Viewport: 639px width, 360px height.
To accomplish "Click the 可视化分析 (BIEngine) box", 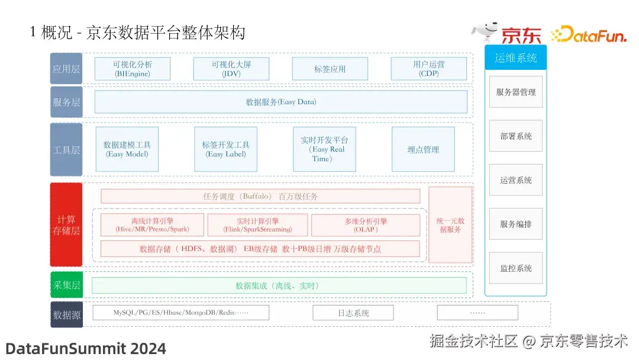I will [x=133, y=69].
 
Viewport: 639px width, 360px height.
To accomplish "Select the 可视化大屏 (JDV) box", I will [x=231, y=69].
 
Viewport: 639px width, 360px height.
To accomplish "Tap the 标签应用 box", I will [x=330, y=69].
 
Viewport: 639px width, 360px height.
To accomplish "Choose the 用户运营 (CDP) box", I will [x=428, y=69].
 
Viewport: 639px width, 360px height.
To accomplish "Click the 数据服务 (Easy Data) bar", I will [x=280, y=102].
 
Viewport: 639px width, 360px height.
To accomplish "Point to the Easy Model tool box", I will [x=127, y=149].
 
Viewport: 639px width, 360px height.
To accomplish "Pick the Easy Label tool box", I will [x=225, y=149].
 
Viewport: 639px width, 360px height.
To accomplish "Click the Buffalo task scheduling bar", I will [x=260, y=196].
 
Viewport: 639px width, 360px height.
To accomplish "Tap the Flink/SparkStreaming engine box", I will [x=257, y=225].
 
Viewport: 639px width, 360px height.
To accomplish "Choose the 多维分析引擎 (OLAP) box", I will [x=366, y=225].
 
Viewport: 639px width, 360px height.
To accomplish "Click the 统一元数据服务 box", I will [x=450, y=225].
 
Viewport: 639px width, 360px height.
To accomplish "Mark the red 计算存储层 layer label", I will [x=66, y=225].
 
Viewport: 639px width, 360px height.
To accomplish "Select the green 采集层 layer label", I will [x=66, y=285].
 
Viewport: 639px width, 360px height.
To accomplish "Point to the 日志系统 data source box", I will [x=353, y=313].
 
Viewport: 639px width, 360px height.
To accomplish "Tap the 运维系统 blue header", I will [x=515, y=58].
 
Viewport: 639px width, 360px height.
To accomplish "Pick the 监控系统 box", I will [x=515, y=268].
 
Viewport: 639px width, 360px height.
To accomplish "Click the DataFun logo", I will [x=588, y=34].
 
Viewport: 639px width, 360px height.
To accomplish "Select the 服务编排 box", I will [x=515, y=224].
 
